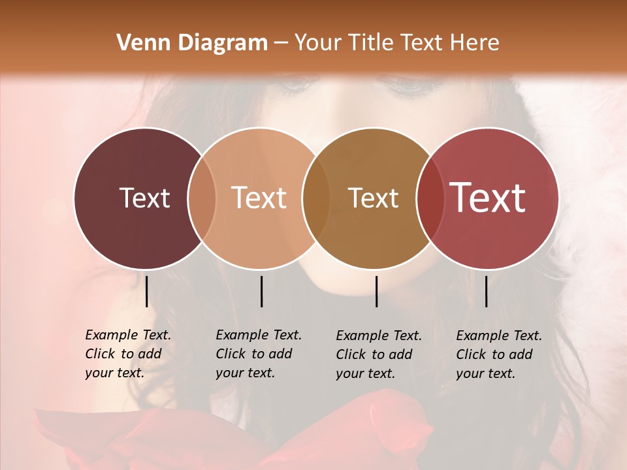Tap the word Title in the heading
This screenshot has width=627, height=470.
372,43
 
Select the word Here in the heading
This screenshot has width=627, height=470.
473,43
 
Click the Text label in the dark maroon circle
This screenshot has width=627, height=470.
144,198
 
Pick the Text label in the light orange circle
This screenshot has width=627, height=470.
259,198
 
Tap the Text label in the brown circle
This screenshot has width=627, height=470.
373,198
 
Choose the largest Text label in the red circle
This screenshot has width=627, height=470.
487,198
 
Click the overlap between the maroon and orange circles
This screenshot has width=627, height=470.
202,198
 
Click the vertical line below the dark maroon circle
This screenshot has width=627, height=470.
147,291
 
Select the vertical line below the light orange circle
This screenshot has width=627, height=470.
261,291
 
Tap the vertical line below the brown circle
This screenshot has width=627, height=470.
377,291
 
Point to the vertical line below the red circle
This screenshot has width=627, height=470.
487,291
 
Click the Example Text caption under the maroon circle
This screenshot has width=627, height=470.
128,354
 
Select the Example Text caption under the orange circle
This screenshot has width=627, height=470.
259,354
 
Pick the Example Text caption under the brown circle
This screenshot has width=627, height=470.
379,354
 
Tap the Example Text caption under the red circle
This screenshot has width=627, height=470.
499,354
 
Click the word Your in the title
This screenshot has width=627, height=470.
317,43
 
